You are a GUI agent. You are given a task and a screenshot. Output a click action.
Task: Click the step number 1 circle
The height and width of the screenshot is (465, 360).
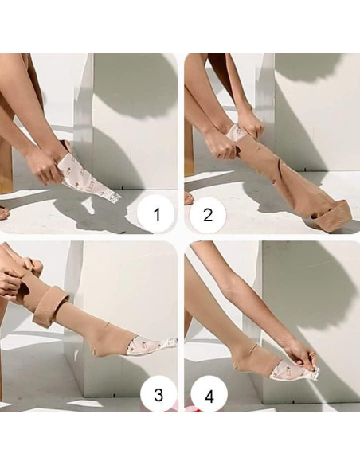tap(156, 213)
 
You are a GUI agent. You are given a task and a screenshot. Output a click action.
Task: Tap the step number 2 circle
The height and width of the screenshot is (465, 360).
tap(208, 214)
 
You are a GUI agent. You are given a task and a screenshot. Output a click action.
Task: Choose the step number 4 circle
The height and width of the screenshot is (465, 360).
tap(209, 395)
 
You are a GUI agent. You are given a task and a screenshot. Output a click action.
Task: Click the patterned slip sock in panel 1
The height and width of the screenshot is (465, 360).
tap(89, 178)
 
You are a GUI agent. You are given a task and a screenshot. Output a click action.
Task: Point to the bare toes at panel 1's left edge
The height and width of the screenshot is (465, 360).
tap(4, 213)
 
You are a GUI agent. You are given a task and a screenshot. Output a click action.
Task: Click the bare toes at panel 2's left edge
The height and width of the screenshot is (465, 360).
tap(189, 197)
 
